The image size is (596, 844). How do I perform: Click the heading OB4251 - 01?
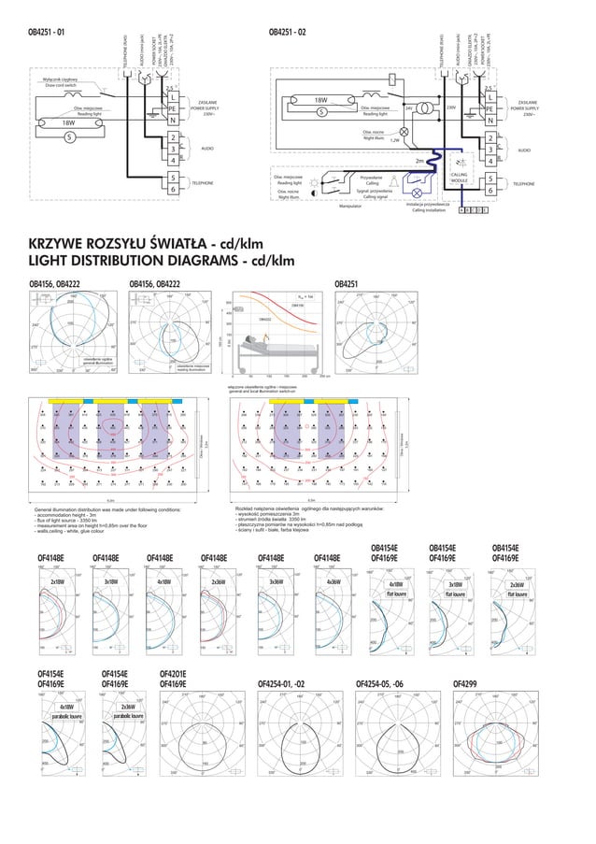(47, 32)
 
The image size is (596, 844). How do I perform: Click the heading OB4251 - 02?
(287, 32)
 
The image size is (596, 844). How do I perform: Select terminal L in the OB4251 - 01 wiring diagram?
(173, 98)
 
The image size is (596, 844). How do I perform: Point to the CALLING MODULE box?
(460, 178)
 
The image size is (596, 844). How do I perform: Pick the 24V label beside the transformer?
(409, 108)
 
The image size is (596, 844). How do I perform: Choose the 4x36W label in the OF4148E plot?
(333, 581)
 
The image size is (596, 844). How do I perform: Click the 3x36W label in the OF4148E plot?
(277, 581)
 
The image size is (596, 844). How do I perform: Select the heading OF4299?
(464, 683)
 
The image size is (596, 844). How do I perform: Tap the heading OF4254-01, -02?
(281, 683)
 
